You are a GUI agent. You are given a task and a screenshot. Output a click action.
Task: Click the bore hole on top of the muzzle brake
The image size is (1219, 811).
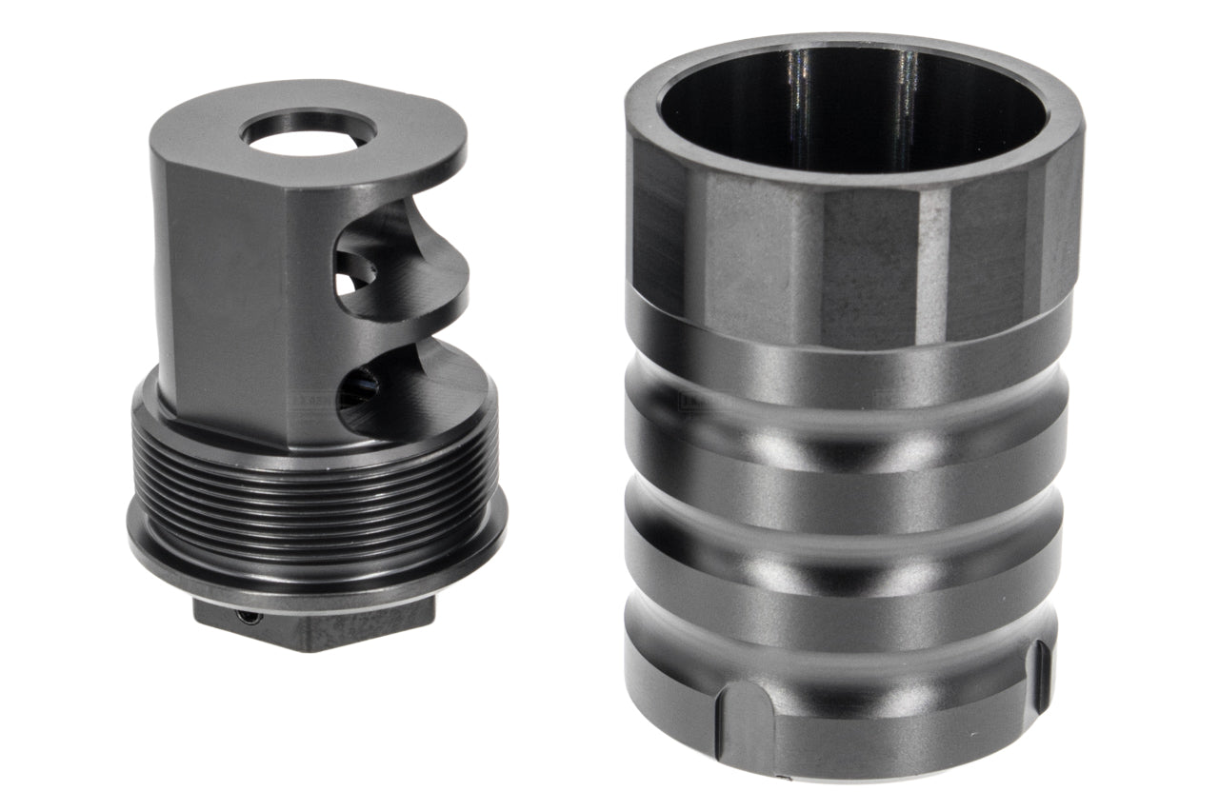point(309,132)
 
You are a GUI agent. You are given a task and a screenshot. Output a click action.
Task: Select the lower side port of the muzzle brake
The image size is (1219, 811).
point(367,390)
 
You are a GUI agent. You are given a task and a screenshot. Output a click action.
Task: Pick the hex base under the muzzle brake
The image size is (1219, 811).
point(314,623)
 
